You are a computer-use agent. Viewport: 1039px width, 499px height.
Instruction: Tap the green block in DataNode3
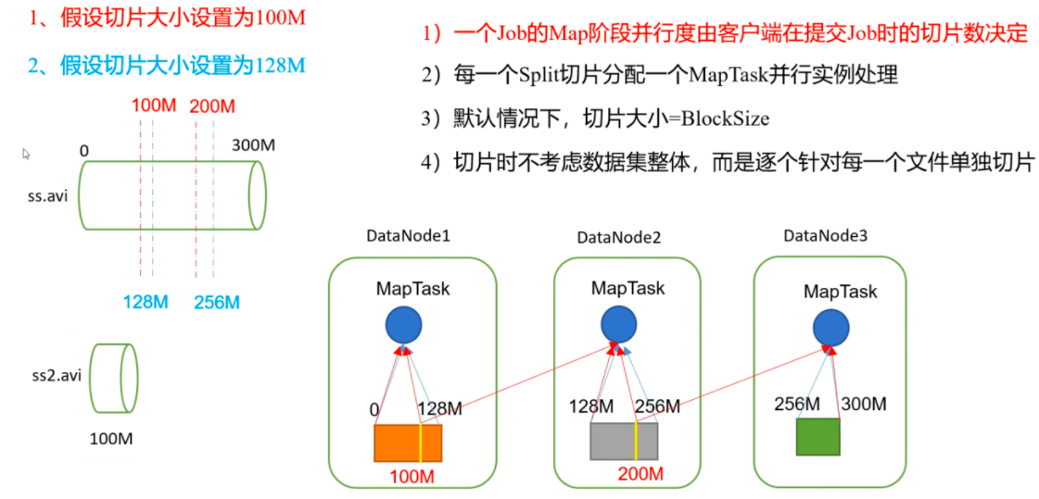[817, 436]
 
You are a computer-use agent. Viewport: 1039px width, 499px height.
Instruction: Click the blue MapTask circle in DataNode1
[404, 325]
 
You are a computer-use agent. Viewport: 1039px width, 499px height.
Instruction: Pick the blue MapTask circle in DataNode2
[618, 324]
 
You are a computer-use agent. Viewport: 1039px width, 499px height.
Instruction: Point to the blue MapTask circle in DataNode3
[830, 327]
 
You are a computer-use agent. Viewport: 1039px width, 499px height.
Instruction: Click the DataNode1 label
[408, 236]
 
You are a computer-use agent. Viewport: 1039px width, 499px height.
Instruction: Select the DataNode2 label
[618, 237]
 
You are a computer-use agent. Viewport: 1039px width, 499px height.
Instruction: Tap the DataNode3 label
[825, 236]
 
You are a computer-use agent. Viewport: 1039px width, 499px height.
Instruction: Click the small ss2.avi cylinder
[114, 378]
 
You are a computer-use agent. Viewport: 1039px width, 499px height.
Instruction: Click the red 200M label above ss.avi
[212, 105]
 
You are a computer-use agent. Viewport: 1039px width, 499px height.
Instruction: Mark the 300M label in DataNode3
[863, 404]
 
